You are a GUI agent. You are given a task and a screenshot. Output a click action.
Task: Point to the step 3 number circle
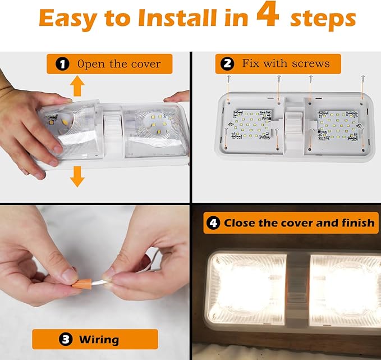pos(66,339)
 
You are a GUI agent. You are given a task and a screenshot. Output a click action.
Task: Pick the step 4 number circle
pos(213,223)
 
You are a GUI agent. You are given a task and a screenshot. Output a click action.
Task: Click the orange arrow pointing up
pos(77,86)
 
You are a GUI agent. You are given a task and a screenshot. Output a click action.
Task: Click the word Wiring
pos(99,339)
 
